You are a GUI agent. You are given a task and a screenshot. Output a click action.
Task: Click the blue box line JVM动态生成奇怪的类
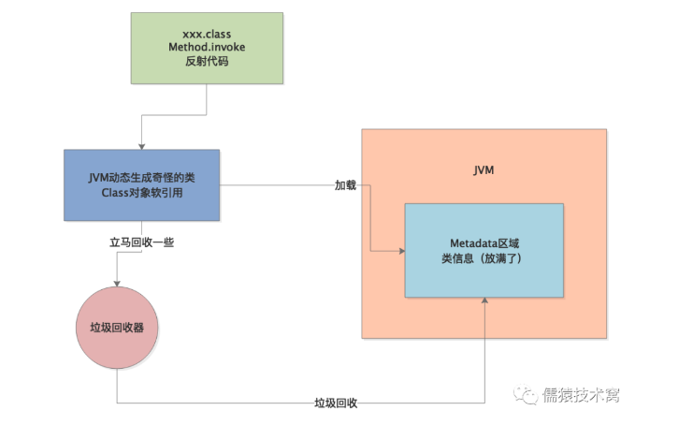coord(142,177)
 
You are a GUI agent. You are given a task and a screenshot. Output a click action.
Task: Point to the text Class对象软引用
coord(142,193)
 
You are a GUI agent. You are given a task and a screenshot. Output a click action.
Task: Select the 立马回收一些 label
coord(142,242)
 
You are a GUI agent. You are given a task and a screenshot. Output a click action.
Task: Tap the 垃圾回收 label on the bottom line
coord(337,403)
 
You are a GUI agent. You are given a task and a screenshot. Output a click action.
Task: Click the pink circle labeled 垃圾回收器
coord(117,328)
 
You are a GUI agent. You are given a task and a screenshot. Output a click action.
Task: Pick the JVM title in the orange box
coord(484,172)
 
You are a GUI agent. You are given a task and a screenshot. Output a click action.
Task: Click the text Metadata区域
coord(484,242)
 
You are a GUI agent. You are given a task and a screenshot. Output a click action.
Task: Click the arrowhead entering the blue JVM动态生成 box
coord(141,145)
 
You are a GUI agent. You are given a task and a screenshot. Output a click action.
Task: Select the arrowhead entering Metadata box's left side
coord(399,250)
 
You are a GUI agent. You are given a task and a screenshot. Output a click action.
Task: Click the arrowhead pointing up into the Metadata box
coord(484,302)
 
